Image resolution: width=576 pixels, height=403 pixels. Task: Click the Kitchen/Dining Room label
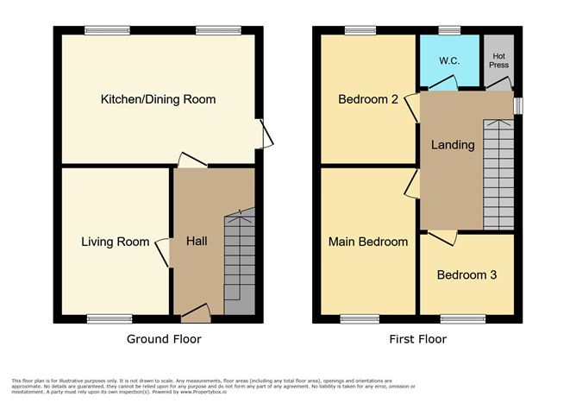(x=158, y=99)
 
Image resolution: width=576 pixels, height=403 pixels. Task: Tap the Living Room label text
(x=116, y=242)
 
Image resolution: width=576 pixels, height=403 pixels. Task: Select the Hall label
(x=197, y=242)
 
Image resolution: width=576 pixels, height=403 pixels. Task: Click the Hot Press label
(x=499, y=60)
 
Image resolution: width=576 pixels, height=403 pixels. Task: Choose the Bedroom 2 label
(x=367, y=99)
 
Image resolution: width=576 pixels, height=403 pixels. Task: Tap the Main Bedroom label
(x=367, y=242)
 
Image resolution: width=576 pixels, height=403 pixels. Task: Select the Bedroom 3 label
(x=466, y=275)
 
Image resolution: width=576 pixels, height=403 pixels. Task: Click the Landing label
(x=453, y=145)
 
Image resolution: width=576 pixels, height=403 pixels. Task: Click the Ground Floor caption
(x=164, y=339)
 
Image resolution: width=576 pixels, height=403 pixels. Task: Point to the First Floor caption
(x=417, y=339)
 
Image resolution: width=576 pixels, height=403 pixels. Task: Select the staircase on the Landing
(x=498, y=173)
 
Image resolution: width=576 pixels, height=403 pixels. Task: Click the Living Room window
(x=115, y=319)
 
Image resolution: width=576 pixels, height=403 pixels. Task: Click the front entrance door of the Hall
(x=196, y=312)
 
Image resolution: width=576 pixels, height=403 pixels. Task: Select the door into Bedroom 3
(x=441, y=236)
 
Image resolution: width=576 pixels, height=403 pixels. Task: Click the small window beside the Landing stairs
(x=517, y=104)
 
